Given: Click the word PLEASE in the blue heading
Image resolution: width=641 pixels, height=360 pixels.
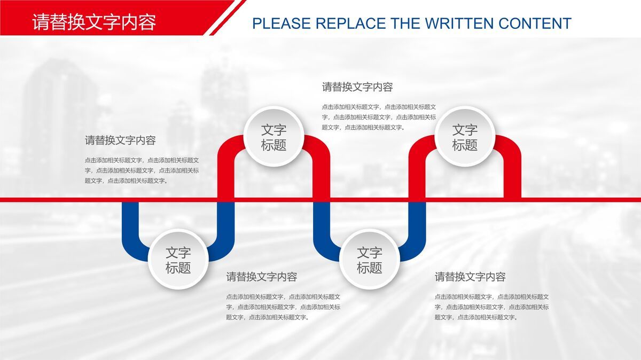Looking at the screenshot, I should coord(281,24).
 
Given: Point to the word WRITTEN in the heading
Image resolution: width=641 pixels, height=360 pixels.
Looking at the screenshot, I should coord(459,24).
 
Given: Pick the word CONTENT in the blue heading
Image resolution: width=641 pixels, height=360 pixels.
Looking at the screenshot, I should coord(535,24).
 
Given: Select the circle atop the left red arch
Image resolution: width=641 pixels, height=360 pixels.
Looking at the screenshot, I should coord(273,137).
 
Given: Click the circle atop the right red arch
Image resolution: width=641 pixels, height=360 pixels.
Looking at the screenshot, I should coord(465,137).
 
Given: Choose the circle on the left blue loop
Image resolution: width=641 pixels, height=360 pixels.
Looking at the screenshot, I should coord(178,260).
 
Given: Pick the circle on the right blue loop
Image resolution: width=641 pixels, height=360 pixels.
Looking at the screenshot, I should coord(369,260).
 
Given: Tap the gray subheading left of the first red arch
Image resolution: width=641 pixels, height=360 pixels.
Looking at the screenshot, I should coord(120,140).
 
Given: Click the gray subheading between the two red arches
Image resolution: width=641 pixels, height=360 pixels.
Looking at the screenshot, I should coord(357,87).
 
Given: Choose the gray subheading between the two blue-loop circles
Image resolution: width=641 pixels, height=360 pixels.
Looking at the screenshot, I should coord(261,277).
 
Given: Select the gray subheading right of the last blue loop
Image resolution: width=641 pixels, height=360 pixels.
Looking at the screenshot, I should coord(470,277).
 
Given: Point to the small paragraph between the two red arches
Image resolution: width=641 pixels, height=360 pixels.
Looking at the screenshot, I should coord(378,117).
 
